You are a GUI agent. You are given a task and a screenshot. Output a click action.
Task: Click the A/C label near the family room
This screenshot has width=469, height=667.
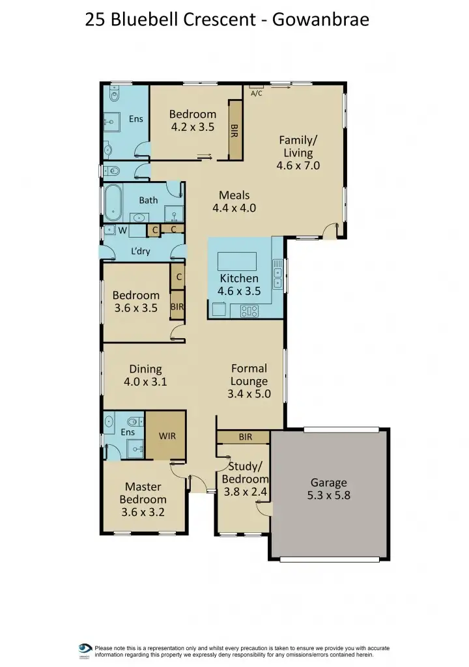[256, 93]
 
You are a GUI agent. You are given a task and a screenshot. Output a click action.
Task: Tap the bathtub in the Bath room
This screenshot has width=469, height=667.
[114, 203]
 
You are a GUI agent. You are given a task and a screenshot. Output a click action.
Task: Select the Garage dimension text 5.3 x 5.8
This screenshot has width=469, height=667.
[328, 496]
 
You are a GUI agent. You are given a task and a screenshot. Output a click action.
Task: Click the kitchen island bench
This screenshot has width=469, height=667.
[238, 261]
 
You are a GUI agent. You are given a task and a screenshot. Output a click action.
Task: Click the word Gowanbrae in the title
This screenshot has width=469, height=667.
[320, 20]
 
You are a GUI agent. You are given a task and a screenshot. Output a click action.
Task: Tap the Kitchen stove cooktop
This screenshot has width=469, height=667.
[249, 311]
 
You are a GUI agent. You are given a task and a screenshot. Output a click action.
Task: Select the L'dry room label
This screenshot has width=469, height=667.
[140, 251]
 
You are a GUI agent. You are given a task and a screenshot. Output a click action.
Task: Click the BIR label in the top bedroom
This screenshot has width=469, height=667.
[234, 131]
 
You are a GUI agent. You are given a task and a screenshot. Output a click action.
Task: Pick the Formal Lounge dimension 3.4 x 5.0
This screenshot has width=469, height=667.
[249, 393]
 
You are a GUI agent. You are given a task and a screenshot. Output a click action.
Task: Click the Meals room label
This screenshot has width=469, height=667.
[234, 195]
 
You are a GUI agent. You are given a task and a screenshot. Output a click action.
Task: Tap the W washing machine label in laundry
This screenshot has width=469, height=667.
[122, 230]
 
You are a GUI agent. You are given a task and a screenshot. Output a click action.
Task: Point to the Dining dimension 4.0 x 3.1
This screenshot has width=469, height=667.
[145, 382]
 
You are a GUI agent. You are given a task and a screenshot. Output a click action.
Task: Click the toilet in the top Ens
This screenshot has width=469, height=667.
[115, 96]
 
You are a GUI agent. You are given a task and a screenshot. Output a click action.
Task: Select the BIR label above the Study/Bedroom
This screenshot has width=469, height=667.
[245, 437]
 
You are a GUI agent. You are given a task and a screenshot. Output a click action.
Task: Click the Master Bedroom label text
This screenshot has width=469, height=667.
[143, 493]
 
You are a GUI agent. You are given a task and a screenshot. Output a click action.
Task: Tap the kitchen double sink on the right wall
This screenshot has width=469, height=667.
[278, 276]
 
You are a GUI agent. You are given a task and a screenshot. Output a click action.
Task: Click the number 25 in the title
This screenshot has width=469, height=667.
[96, 20]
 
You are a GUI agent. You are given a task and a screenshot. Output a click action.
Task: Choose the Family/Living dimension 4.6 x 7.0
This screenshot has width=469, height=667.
[299, 165]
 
